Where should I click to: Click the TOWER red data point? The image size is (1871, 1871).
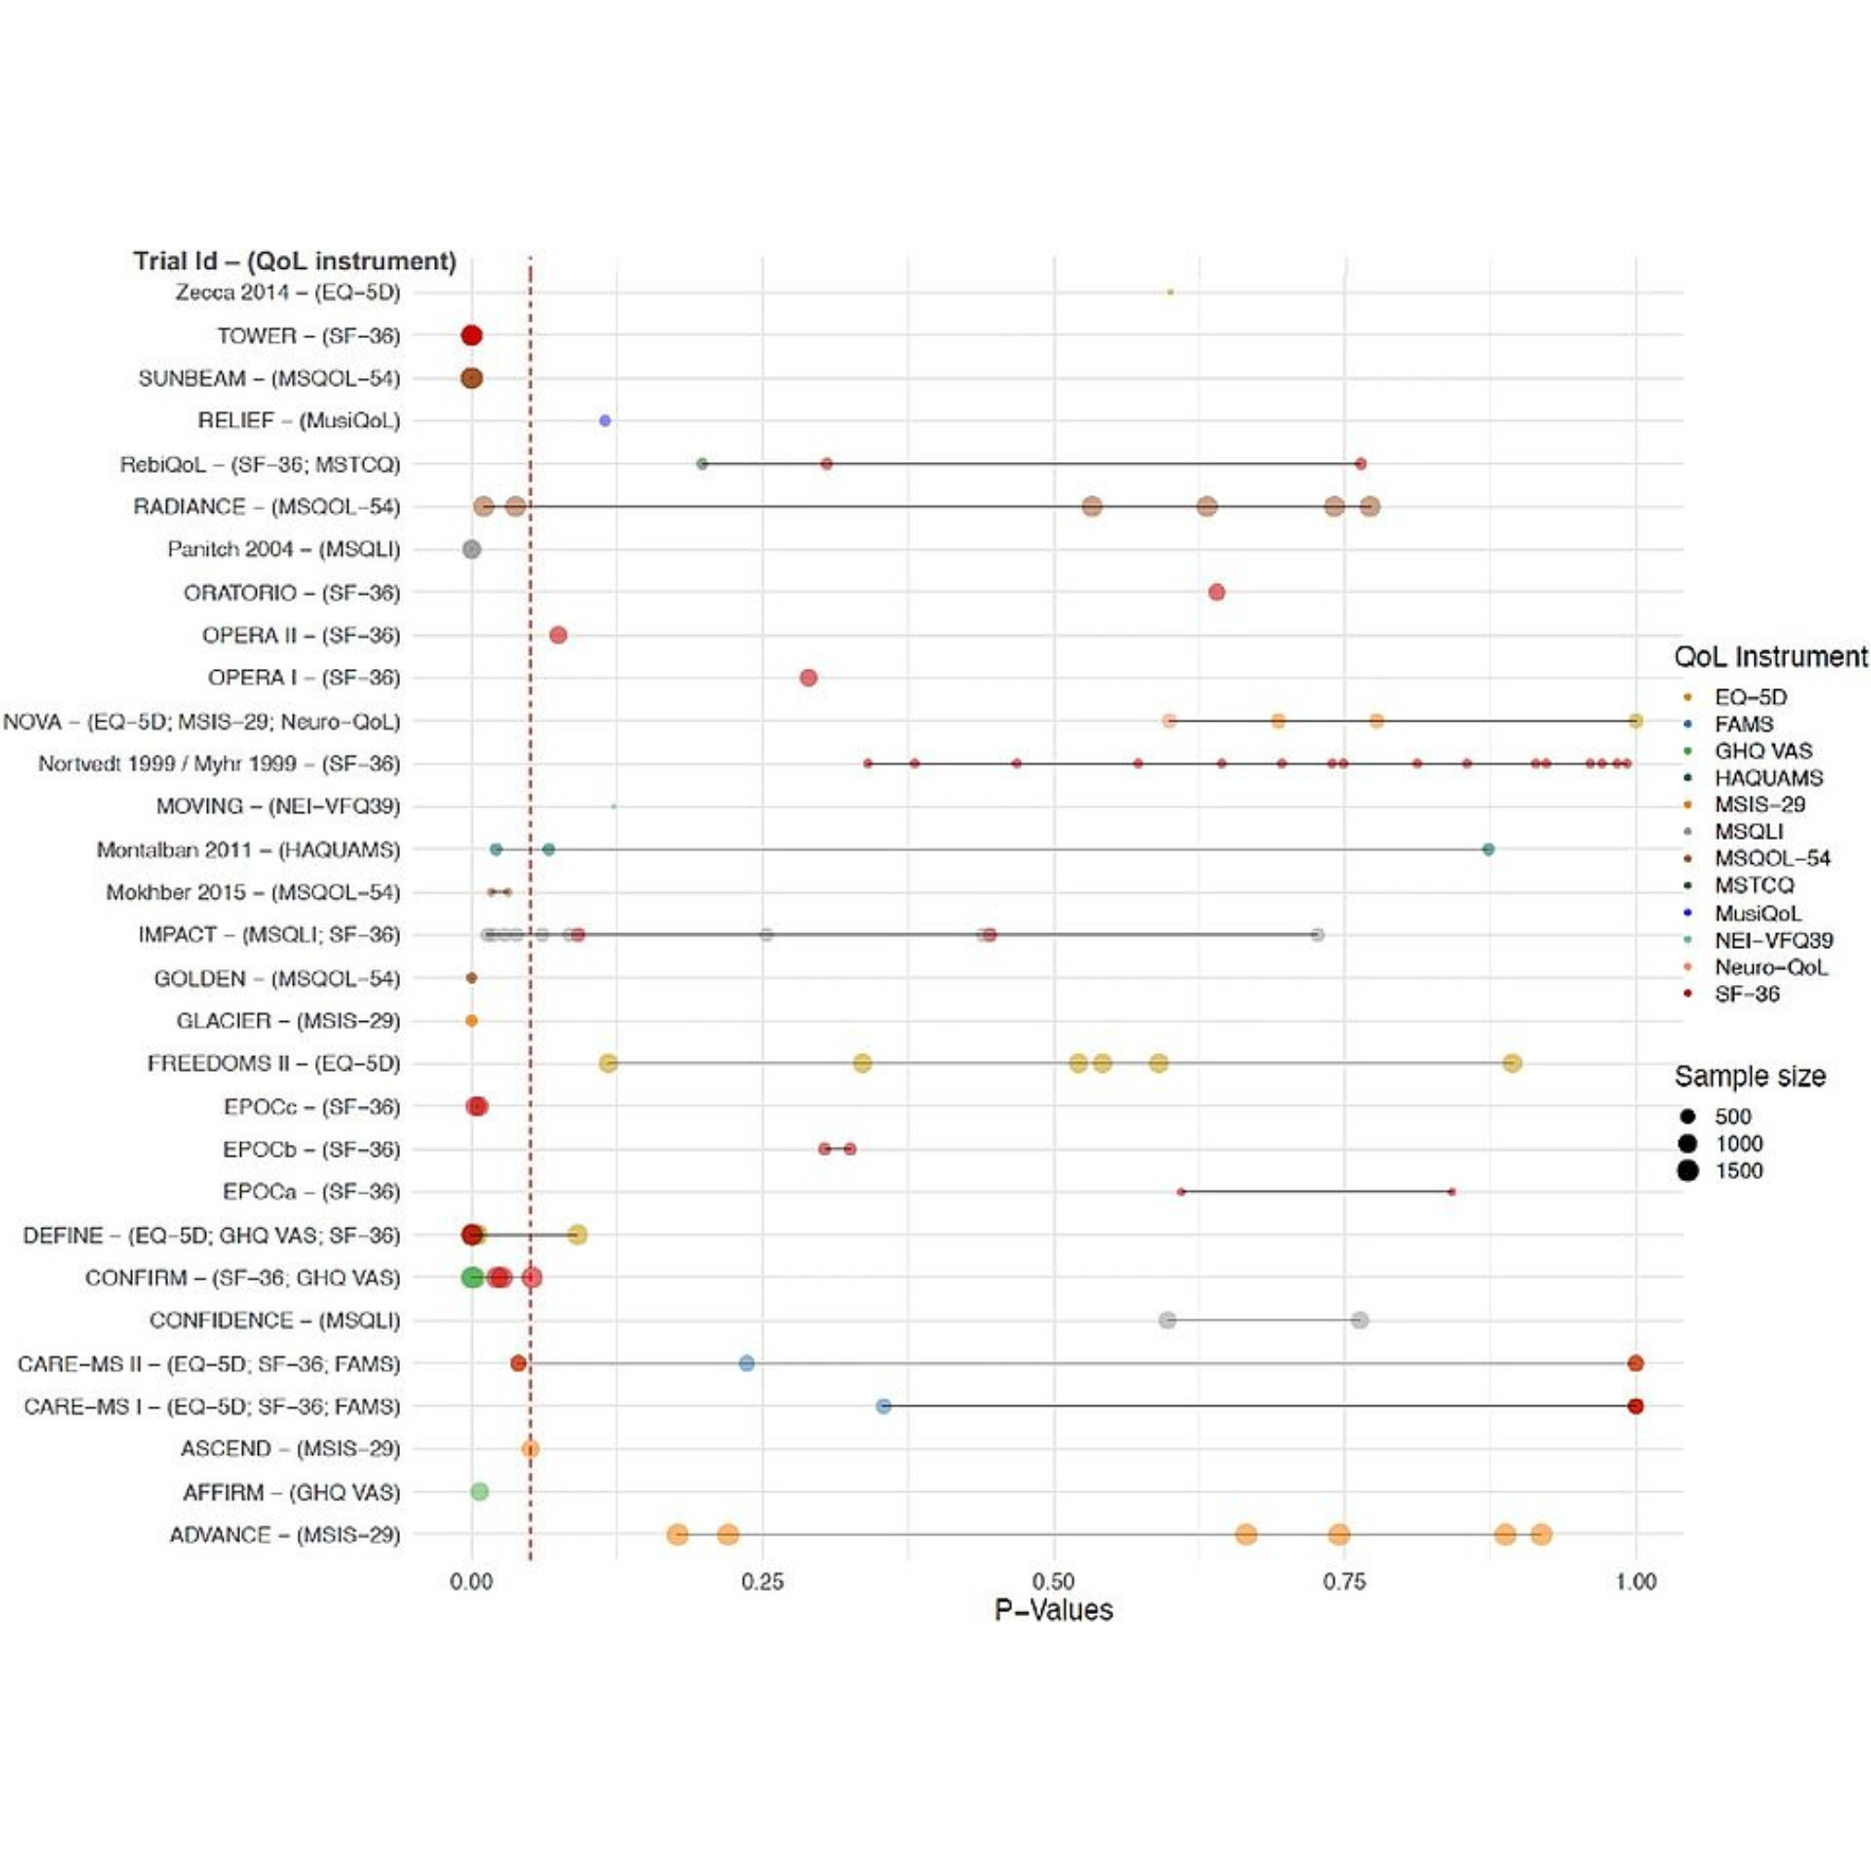471,335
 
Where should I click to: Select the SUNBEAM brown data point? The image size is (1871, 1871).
471,378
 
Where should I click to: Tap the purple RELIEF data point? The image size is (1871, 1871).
605,420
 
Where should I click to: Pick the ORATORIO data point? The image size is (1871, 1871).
1216,591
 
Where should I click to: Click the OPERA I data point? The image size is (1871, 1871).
808,677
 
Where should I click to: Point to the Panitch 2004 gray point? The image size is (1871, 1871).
471,549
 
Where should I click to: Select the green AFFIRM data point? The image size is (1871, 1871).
480,1491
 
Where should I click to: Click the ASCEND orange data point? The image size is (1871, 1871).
529,1449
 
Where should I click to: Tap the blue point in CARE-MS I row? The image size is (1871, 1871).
883,1406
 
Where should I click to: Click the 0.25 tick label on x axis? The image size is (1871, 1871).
762,1582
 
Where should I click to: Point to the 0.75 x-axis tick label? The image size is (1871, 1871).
1344,1582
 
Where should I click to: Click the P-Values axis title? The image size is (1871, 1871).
1053,1610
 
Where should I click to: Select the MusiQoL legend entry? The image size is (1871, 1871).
1757,913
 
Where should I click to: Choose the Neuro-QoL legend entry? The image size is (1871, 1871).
1771,967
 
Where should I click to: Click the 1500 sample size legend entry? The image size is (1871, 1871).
1738,1171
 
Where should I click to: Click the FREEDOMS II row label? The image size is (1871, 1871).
273,1063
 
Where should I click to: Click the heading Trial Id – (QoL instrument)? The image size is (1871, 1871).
295,261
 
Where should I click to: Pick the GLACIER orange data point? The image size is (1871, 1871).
471,1021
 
